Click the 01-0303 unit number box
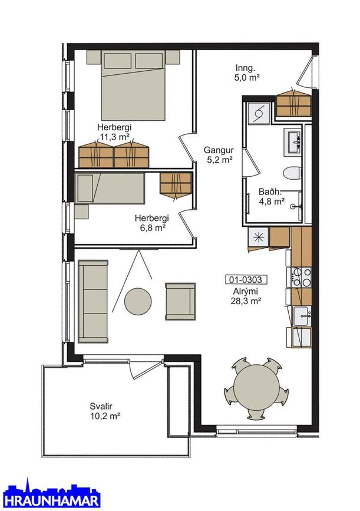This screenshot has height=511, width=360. [244, 279]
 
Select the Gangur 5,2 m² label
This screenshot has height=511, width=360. [219, 155]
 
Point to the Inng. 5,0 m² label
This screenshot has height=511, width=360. [247, 72]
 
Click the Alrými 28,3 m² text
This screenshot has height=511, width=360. [246, 296]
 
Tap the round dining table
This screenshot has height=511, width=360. [257, 387]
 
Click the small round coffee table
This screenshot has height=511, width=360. [138, 301]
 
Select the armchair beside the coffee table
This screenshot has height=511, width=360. [180, 301]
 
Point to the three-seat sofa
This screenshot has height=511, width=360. [93, 301]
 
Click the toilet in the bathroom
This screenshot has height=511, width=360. [292, 173]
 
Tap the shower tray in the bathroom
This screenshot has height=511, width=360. [258, 113]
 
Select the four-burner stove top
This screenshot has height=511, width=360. [301, 278]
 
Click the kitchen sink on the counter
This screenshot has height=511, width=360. [302, 316]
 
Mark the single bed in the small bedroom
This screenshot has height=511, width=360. [110, 189]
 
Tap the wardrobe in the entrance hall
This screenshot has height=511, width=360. [294, 104]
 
